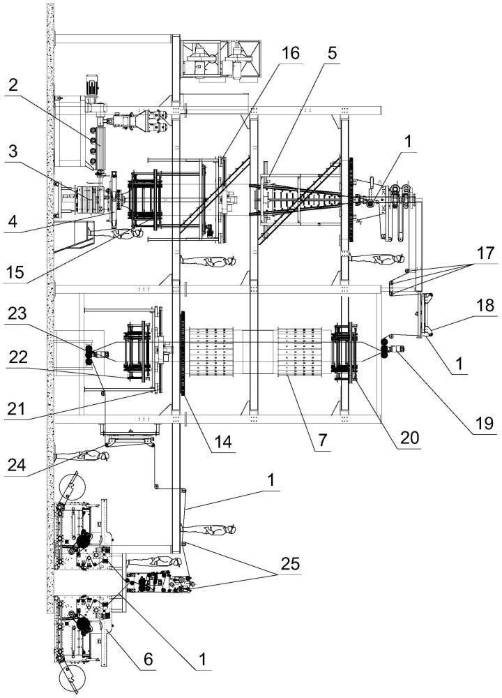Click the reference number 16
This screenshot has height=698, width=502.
tap(291, 54)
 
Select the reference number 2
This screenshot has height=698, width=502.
tap(13, 85)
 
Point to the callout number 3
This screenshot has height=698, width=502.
tap(13, 151)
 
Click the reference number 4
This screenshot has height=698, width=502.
tap(13, 221)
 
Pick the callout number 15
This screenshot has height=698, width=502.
tap(15, 272)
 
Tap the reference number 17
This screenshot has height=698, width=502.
tap(485, 253)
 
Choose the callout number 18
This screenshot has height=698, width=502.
tap(485, 306)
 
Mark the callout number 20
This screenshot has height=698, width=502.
tap(409, 438)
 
